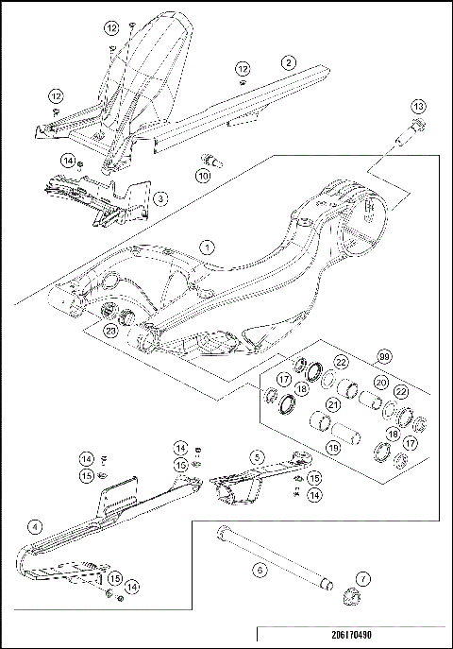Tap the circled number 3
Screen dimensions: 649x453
[160, 198]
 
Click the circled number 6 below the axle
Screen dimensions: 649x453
[260, 570]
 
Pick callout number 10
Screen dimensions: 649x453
[204, 175]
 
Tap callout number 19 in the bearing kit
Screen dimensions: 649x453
[332, 448]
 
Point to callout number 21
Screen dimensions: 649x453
[332, 405]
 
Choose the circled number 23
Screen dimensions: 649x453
[110, 331]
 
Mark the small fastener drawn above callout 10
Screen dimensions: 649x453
[210, 161]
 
